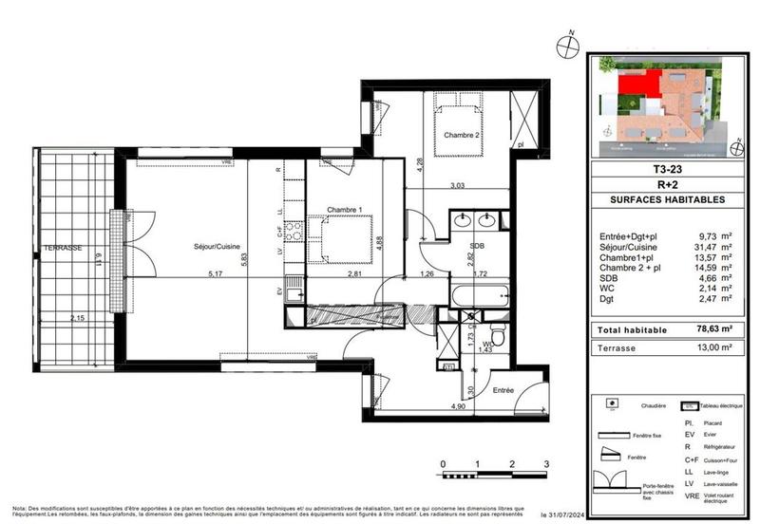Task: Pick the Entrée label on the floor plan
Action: (x=503, y=390)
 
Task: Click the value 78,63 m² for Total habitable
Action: (x=711, y=327)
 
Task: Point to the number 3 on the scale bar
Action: (x=545, y=464)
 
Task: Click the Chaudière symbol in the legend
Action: (x=612, y=406)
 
